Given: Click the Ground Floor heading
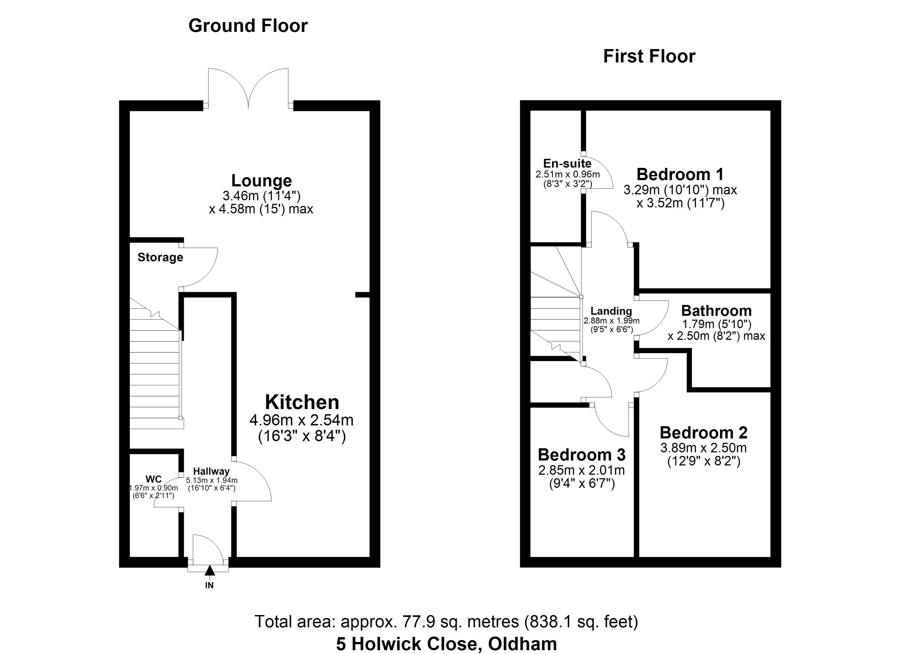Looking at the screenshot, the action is point(248,26).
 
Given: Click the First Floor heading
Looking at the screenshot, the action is point(649,57).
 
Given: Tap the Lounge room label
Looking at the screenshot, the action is point(262,181).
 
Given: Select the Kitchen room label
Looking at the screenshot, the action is point(302,402).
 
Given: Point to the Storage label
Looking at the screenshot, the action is point(160,258).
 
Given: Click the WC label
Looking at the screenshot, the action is point(154,479).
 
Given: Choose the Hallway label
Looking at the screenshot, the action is point(212,472).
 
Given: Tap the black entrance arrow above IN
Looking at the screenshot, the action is point(209,570).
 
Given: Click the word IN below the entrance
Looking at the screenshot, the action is point(209,585).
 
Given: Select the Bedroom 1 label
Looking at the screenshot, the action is point(680,174).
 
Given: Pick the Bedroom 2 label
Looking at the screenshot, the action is point(704,433).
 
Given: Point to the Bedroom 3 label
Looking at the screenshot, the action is point(582,455).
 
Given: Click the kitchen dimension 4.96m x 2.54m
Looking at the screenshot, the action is point(301,420).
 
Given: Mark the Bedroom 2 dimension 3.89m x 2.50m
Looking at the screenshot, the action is point(704,448).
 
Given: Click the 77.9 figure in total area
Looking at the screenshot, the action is point(418,622).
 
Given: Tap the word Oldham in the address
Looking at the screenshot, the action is point(523,644).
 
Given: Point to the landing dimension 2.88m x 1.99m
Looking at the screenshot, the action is point(611,321).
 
